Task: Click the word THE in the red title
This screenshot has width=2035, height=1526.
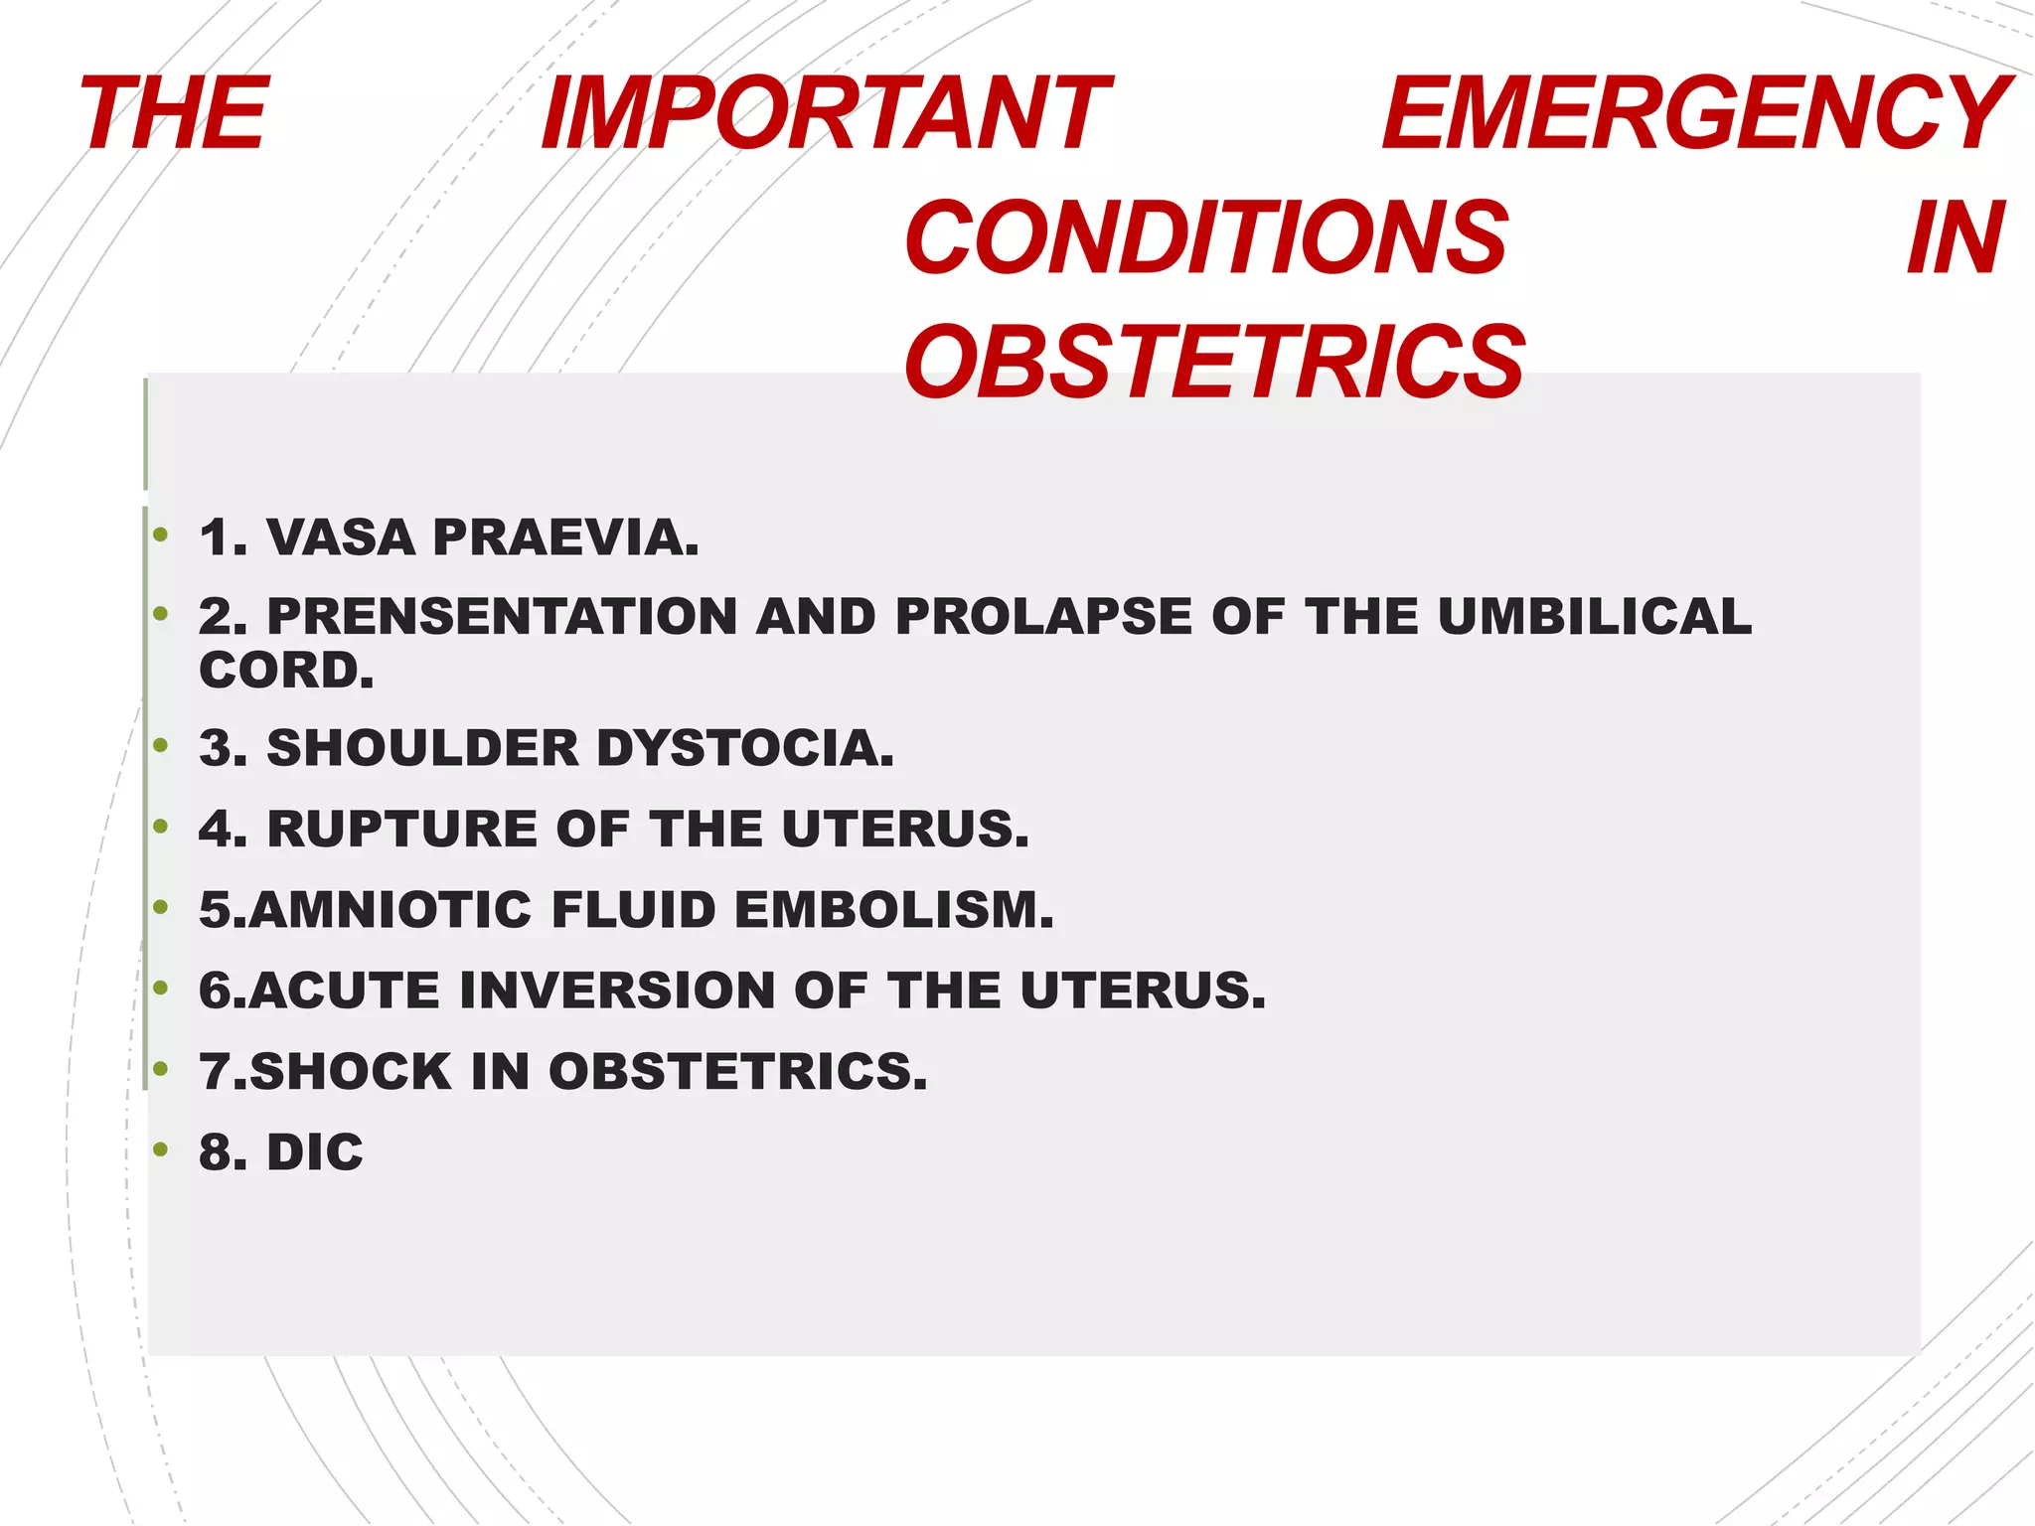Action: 175,114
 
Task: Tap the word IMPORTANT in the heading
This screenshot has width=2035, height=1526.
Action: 826,114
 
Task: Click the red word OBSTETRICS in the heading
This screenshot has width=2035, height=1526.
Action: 1213,363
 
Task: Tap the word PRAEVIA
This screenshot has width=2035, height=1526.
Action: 565,537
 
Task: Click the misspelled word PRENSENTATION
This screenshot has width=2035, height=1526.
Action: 502,616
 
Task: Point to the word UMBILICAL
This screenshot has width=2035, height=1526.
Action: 1595,616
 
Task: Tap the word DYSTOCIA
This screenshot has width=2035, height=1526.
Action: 745,748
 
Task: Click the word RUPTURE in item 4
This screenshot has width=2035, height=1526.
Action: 401,829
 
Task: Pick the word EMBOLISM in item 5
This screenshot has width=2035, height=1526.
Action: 894,910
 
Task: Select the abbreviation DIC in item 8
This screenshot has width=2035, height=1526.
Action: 315,1152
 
